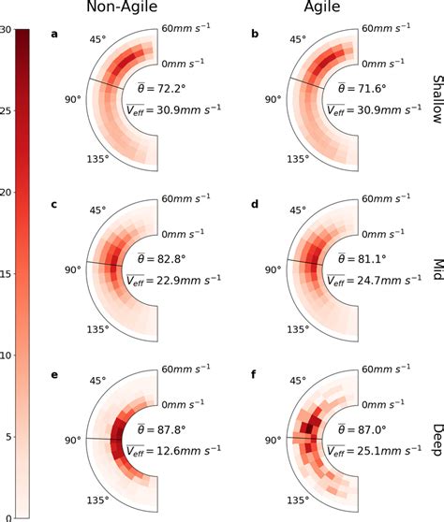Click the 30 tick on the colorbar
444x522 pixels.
click(6, 31)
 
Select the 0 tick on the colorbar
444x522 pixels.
click(7, 515)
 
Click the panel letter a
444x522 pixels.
click(55, 36)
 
